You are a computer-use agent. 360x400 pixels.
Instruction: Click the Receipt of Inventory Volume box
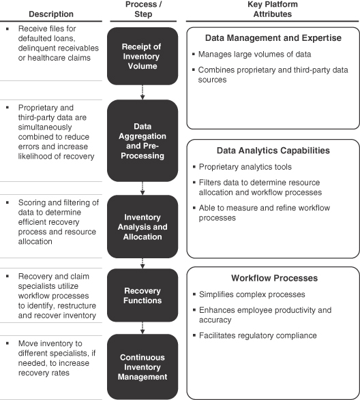coord(142,56)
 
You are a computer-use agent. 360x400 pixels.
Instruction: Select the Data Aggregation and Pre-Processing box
coord(142,140)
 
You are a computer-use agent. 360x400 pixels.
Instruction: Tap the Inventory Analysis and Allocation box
coord(142,226)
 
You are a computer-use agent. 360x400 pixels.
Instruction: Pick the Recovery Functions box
coord(142,295)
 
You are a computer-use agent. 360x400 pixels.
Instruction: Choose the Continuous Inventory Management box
coord(142,367)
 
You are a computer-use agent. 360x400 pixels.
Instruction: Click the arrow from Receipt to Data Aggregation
coord(142,93)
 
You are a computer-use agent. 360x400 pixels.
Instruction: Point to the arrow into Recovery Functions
coord(142,263)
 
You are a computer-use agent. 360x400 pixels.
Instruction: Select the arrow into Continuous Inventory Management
coord(142,328)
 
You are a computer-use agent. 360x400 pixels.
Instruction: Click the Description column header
coord(51,14)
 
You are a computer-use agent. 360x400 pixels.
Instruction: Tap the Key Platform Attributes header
coord(273,9)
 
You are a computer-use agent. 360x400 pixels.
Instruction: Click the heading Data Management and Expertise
coord(273,37)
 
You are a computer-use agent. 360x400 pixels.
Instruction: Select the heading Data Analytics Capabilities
coord(273,151)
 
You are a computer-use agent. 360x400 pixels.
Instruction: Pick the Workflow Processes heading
coord(275,278)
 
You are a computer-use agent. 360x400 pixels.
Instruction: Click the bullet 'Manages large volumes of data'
coord(254,55)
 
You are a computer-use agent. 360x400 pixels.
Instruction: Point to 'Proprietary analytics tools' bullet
coord(245,167)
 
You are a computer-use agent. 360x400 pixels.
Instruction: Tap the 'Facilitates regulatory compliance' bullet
coord(258,335)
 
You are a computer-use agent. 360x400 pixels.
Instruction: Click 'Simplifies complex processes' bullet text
coord(252,294)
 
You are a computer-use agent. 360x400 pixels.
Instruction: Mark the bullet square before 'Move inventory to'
coord(7,343)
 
